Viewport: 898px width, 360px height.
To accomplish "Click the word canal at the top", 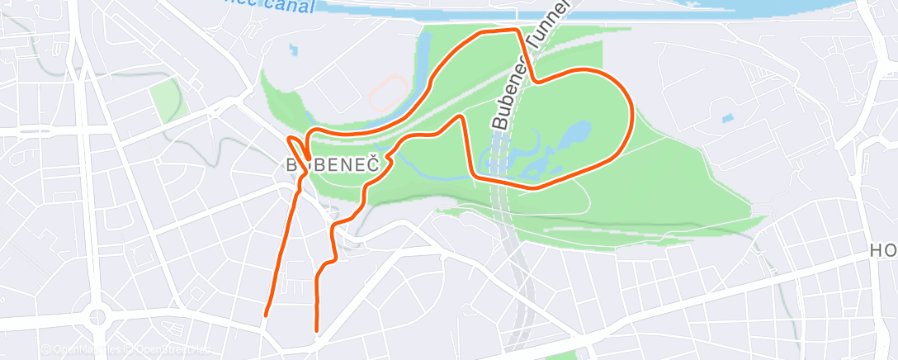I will click(291, 5).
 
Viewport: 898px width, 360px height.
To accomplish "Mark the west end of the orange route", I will click(266, 315).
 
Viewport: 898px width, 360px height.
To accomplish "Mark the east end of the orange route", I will click(317, 330).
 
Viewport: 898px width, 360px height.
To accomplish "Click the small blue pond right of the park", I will click(726, 118).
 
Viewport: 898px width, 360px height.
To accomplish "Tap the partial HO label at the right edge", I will click(884, 249).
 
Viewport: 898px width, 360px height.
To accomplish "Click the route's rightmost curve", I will click(631, 116).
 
